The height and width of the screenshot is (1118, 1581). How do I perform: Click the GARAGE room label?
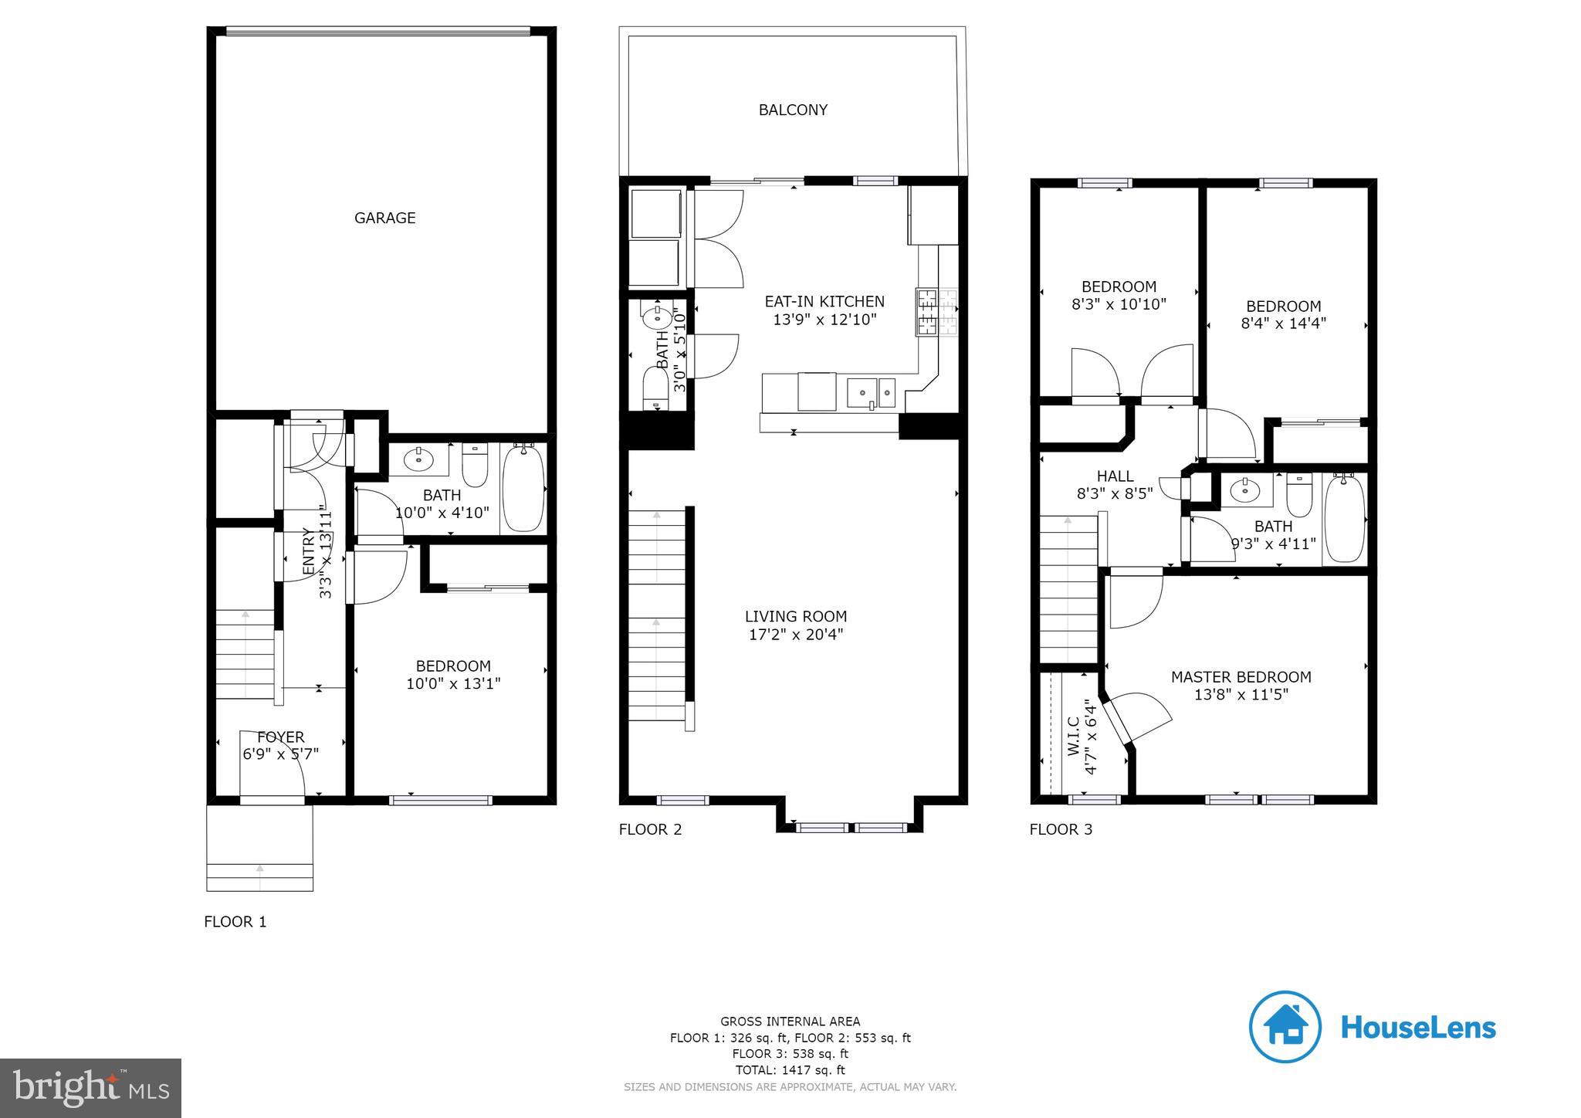click(x=384, y=218)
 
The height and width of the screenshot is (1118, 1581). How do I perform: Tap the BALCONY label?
click(x=793, y=110)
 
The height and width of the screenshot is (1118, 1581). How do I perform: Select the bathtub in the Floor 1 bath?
click(x=523, y=488)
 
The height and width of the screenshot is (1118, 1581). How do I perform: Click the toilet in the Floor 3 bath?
click(x=1299, y=494)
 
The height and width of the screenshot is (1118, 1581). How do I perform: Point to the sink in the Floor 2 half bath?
click(x=657, y=316)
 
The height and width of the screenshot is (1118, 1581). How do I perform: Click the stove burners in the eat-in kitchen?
click(x=936, y=312)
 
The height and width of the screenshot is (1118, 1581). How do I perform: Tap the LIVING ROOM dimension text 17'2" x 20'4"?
click(x=795, y=635)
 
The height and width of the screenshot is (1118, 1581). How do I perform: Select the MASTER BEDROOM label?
click(x=1241, y=677)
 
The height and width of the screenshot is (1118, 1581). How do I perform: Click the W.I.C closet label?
click(x=1074, y=737)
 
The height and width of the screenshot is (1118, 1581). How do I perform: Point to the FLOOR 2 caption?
click(x=650, y=829)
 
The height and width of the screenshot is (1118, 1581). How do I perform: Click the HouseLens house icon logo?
click(x=1285, y=1027)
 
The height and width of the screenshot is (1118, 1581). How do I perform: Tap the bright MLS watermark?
click(x=90, y=1089)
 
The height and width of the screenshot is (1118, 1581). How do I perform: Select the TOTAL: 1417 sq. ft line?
click(x=790, y=1070)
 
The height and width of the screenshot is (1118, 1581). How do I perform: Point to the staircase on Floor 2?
click(x=656, y=618)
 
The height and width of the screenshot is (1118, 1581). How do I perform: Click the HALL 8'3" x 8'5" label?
click(x=1115, y=485)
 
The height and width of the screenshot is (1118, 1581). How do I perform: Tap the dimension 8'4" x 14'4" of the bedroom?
click(x=1283, y=324)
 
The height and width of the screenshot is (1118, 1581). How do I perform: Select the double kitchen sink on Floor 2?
click(x=871, y=392)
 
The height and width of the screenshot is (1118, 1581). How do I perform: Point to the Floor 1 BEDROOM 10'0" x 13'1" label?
click(x=453, y=675)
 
